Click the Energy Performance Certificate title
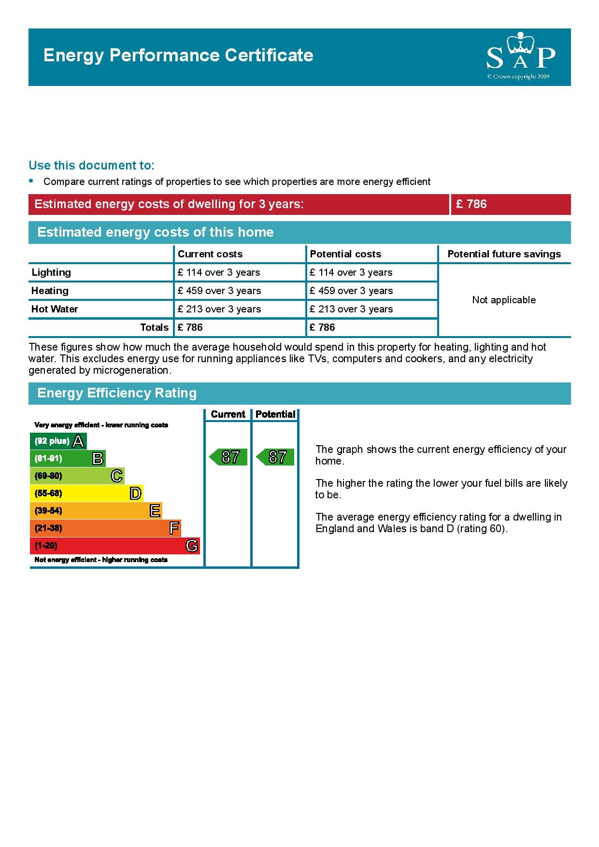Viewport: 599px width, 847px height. [x=178, y=56]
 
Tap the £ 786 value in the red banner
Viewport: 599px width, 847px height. [x=471, y=204]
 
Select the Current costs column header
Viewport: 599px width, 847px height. [x=210, y=254]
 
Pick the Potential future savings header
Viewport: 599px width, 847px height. [x=504, y=254]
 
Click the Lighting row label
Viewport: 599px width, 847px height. [x=51, y=272]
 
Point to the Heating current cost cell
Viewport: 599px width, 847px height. [x=219, y=291]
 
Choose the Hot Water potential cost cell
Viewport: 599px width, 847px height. [x=351, y=309]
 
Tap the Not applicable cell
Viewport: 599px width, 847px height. [x=504, y=300]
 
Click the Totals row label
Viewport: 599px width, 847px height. [x=154, y=327]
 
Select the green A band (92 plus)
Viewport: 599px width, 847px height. [x=58, y=441]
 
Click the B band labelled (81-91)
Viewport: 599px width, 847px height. [x=68, y=458]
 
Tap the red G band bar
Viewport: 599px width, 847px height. [x=114, y=546]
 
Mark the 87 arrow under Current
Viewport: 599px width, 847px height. [x=228, y=457]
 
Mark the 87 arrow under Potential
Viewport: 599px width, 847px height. [x=275, y=457]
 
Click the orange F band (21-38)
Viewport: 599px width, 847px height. [x=105, y=528]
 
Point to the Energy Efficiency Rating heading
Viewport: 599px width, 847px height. [x=117, y=393]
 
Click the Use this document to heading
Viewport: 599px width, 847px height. [x=91, y=165]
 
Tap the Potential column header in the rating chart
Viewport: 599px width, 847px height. [x=275, y=414]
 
